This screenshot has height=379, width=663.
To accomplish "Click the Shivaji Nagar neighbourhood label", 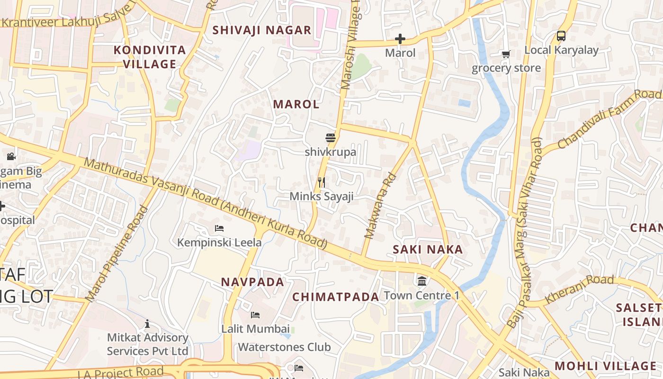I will coord(261,30).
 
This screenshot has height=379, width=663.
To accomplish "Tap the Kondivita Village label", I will coord(150,57).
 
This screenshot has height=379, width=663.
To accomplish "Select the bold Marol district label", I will coord(296,104).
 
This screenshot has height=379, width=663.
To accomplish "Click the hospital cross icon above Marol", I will coord(400,39).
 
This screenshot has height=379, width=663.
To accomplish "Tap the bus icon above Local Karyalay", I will coord(561,36).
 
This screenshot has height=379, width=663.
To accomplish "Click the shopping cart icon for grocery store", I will coord(506,54).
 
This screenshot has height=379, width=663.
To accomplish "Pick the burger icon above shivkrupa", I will coord(331,138).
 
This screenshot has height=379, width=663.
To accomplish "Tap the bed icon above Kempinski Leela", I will coord(219,228).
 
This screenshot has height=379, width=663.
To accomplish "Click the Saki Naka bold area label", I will coord(428,250).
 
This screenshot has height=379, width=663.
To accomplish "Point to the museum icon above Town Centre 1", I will coord(421,281).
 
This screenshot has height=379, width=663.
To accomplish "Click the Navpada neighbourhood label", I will coord(252,282).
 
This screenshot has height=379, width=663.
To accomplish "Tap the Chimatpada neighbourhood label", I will coord(336,297).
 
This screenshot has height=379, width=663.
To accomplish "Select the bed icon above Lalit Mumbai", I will coord(255,315).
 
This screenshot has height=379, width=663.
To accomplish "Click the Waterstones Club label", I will coord(284,347).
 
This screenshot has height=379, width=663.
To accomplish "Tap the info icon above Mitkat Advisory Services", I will coord(147,324).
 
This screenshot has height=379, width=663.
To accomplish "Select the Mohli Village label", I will coord(605,366).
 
